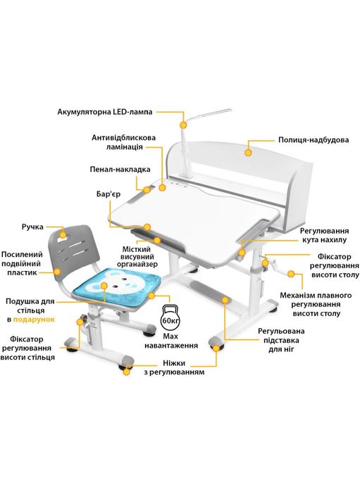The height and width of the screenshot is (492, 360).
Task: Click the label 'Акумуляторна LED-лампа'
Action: pos(105,112)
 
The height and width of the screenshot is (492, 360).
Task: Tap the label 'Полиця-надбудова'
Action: pos(314,139)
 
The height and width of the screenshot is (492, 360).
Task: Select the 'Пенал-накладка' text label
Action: pos(120,170)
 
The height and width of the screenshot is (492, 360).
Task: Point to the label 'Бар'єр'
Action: pos(108,194)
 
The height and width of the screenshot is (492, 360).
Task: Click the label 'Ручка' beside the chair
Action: pos(32,227)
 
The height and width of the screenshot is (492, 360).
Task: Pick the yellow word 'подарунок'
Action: pos(34,320)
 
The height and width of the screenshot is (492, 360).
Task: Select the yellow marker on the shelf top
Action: pos(248,153)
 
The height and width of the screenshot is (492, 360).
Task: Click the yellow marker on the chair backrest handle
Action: pos(63,234)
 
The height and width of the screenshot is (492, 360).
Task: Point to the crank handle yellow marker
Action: pos(291,275)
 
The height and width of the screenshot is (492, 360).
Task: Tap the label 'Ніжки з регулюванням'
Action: pos(174,367)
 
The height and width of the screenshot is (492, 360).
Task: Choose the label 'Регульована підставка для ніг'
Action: pos(282,340)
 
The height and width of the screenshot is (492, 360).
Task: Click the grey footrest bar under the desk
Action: pos(210,291)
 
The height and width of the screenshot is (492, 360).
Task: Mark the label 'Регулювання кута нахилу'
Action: pos(324,235)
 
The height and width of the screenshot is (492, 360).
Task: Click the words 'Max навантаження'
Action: pos(171,341)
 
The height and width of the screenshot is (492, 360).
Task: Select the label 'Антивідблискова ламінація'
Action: pos(124,142)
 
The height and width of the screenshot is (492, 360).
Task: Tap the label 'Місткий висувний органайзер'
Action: pos(137,257)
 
